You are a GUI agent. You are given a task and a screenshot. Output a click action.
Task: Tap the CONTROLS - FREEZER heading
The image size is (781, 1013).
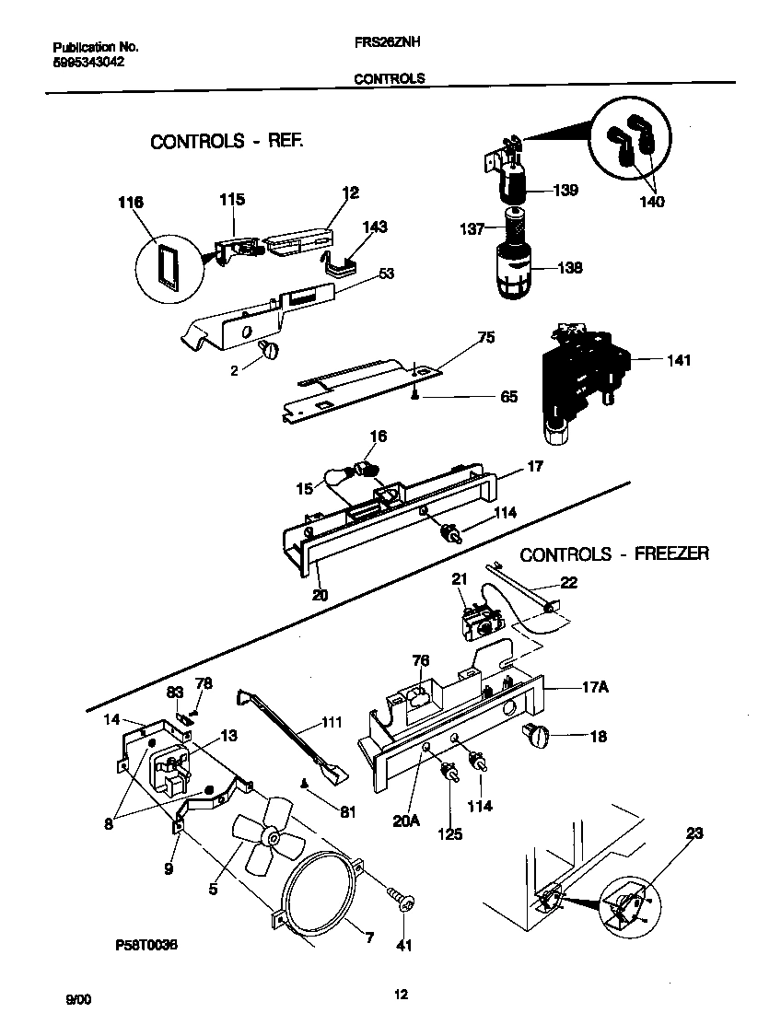(x=614, y=554)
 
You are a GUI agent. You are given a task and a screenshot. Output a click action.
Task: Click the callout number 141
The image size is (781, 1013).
(x=680, y=361)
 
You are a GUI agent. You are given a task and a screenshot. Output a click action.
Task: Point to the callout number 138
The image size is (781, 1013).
(x=571, y=268)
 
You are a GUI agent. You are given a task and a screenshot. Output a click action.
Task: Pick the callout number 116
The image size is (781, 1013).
(x=132, y=200)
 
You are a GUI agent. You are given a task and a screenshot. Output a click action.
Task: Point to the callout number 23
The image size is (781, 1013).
(x=694, y=833)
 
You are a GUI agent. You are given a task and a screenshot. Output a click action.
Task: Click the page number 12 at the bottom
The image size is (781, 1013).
(x=400, y=994)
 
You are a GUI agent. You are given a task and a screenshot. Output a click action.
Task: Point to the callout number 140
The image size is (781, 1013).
(x=653, y=202)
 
